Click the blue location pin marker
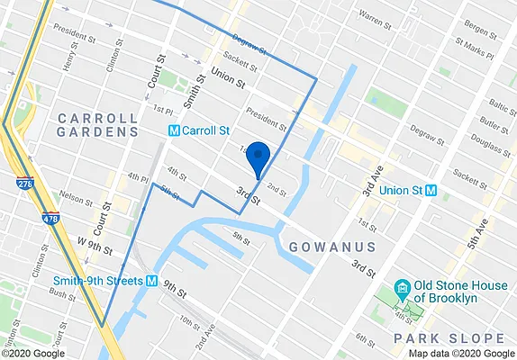pos(258,157)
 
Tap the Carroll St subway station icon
pos(174,130)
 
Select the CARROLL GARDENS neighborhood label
pos(97,125)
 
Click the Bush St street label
pos(63,292)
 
